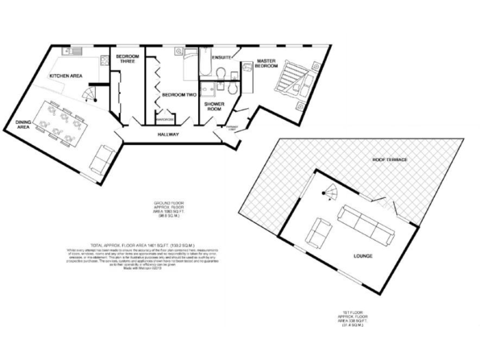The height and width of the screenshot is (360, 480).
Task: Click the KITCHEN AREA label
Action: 66,76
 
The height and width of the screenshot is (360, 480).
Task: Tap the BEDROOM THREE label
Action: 127,60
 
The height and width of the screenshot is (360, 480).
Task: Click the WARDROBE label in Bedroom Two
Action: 164,119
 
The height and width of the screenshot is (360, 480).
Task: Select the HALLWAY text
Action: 169,134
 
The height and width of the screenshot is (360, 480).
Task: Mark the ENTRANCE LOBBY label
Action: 232,128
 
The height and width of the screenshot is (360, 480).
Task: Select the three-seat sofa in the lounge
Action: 366,224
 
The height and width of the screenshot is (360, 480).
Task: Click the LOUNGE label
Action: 362,256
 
